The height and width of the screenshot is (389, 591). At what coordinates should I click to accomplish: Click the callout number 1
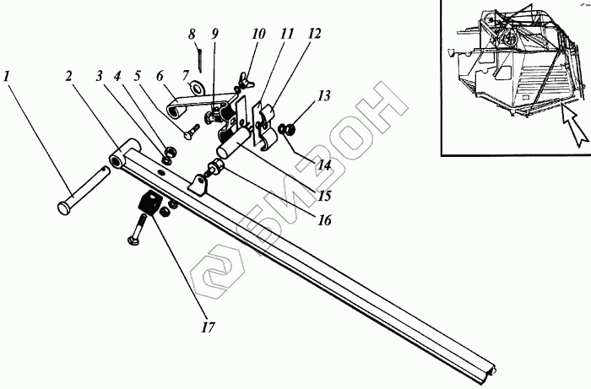(x=8, y=77)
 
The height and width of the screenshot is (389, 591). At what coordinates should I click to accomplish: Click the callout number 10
(x=258, y=35)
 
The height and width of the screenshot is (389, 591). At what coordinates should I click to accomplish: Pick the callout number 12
(x=315, y=35)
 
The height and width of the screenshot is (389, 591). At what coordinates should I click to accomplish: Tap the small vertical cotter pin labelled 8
(x=198, y=59)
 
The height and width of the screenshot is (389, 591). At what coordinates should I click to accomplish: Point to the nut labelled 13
(x=288, y=129)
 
